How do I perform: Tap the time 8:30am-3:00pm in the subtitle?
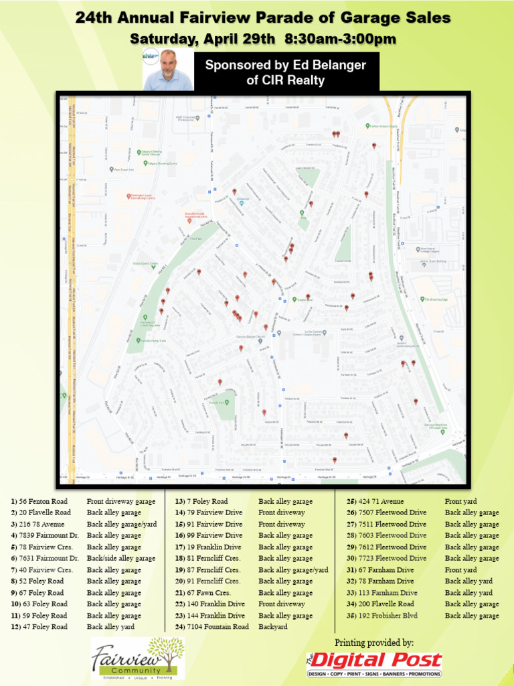click(340, 40)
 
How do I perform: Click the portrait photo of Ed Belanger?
click(167, 69)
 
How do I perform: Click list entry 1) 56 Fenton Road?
click(39, 501)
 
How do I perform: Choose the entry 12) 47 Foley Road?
click(39, 627)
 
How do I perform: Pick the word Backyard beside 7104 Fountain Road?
click(272, 627)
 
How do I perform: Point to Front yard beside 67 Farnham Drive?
click(460, 570)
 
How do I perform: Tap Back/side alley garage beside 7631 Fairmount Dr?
click(120, 558)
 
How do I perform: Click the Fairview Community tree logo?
click(138, 657)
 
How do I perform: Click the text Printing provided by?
click(374, 643)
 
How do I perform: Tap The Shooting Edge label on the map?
click(436, 299)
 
